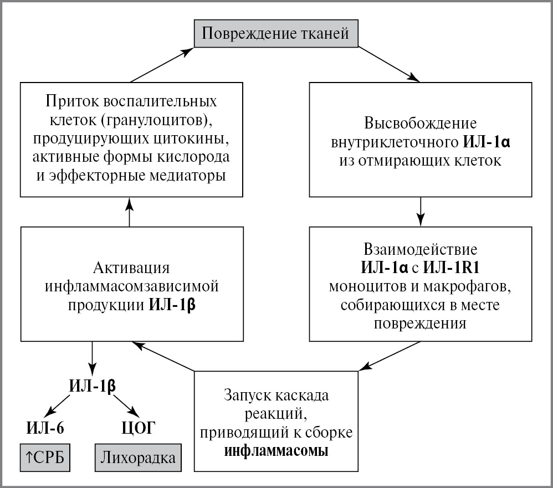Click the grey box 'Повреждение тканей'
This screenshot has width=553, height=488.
[x=275, y=34]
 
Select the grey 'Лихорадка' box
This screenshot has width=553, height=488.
[x=139, y=458]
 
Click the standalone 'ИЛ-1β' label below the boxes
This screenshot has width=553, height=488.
[x=93, y=386]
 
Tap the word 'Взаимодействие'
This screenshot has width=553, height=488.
[x=421, y=247]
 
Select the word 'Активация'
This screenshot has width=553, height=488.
[x=131, y=268]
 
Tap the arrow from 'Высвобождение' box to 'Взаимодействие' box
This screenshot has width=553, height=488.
[x=421, y=211]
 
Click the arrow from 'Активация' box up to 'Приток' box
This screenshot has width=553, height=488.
[x=130, y=212]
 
